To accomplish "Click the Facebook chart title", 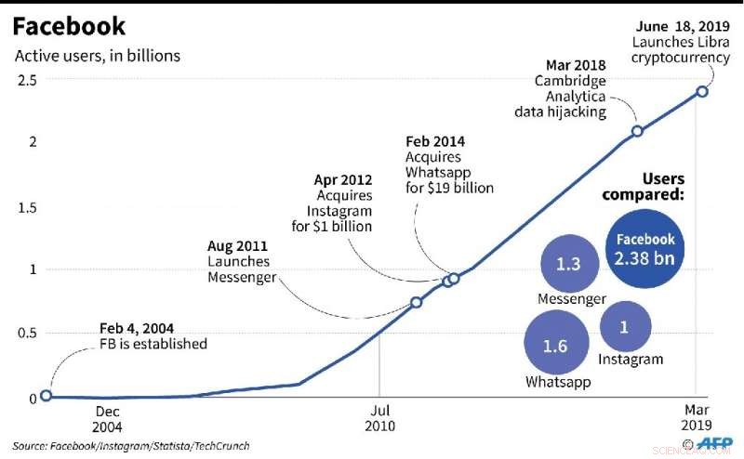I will pos(70,25).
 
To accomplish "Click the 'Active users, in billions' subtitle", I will pos(98,56).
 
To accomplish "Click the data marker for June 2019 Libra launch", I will pos(702,91).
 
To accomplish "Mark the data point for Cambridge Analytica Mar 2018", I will pos(637,131).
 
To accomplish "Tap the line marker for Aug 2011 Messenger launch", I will pos(417,302).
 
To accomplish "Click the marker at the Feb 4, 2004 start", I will pos(46,395).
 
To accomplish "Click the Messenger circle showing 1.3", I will pos(568,264).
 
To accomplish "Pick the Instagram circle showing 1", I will pos(625,327).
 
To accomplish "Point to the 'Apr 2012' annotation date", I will pos(344,180).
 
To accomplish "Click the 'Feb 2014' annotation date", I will pos(434,142).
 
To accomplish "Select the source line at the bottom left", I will pos(131,446).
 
